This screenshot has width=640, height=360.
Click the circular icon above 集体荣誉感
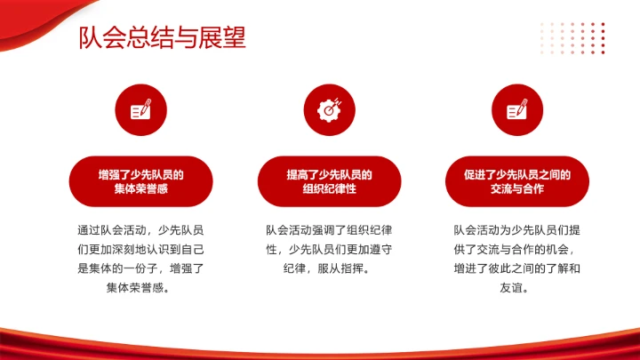pos(140,109)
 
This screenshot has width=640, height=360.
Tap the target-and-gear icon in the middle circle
pos(329,109)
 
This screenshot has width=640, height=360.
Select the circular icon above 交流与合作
pos(517,109)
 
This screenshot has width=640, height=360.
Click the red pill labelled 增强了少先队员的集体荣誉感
pos(140,181)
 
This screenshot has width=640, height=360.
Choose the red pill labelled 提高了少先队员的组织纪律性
pos(329,181)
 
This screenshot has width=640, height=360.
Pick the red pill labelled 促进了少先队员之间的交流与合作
pos(517,181)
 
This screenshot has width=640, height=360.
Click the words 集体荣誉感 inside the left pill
pos(140,189)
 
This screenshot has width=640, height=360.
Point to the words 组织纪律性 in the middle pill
pos(329,189)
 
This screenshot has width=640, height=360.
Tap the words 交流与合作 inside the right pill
pos(517,189)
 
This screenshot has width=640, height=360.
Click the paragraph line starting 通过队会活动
pos(140,230)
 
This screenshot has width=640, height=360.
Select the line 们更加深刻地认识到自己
pos(140,250)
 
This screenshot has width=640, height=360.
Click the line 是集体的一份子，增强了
pos(140,268)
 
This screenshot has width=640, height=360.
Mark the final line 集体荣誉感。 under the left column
pos(140,288)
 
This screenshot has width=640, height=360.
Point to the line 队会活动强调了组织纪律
pos(329,230)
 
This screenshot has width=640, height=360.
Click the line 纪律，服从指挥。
pos(329,268)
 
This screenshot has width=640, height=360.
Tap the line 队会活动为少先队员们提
pos(517,230)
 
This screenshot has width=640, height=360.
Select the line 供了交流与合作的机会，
pos(517,250)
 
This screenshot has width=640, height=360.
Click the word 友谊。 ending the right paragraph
pos(517,288)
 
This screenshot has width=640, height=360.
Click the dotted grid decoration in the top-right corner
pos(573,37)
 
